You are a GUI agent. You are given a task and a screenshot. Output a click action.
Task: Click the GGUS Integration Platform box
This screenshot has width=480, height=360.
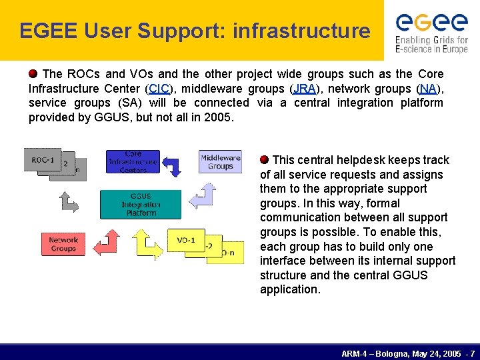coord(140,205)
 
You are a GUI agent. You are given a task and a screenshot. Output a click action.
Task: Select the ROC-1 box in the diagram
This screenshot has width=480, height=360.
coord(43,160)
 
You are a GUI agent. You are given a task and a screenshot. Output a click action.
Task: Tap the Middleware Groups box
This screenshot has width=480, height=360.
coord(220,161)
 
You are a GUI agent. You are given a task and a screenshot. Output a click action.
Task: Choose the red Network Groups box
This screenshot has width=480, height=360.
coord(63,244)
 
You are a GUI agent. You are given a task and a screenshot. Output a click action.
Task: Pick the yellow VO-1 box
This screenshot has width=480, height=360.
coord(186,240)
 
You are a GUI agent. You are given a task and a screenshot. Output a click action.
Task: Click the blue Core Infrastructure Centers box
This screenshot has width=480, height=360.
coord(133,161)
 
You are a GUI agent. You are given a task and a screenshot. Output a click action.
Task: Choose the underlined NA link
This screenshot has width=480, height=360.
coord(428,89)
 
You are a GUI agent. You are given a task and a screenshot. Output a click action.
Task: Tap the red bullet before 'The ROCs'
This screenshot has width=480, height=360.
coord(33,73)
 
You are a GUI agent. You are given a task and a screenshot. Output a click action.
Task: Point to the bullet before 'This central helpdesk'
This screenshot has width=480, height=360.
coord(265,159)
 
